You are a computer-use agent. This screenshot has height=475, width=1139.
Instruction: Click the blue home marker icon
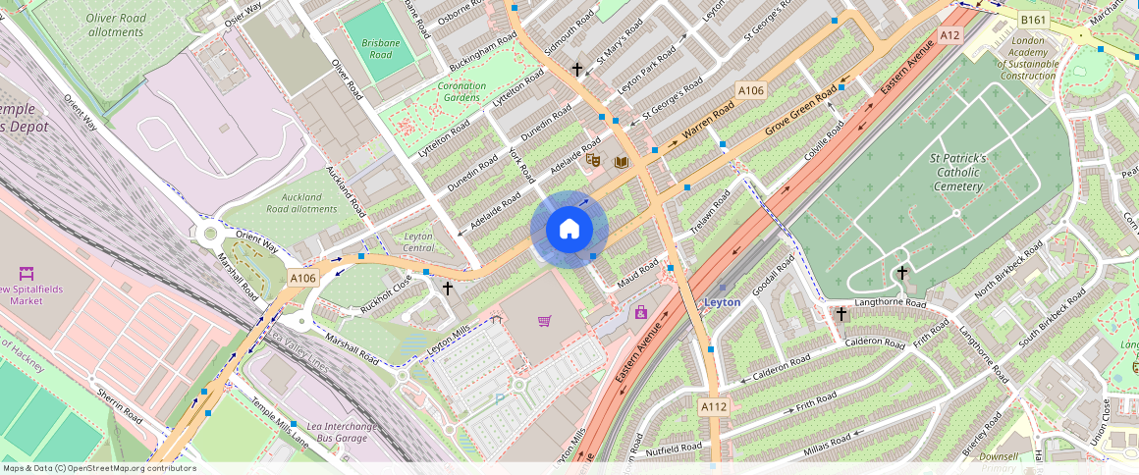[x=569, y=230]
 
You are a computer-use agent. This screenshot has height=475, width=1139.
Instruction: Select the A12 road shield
[x=948, y=34]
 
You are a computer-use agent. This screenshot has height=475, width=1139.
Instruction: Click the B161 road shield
[x=1032, y=20]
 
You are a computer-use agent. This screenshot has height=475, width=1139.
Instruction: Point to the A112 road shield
[x=713, y=405]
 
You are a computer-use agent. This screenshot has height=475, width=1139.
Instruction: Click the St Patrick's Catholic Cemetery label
[x=957, y=172]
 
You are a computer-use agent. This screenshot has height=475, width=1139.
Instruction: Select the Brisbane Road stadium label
[x=379, y=49]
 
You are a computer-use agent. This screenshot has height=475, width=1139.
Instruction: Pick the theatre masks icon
[x=593, y=160]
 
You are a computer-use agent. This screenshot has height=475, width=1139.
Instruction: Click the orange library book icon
[x=620, y=162]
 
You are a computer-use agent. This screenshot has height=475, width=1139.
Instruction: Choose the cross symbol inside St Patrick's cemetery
[x=901, y=272]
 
